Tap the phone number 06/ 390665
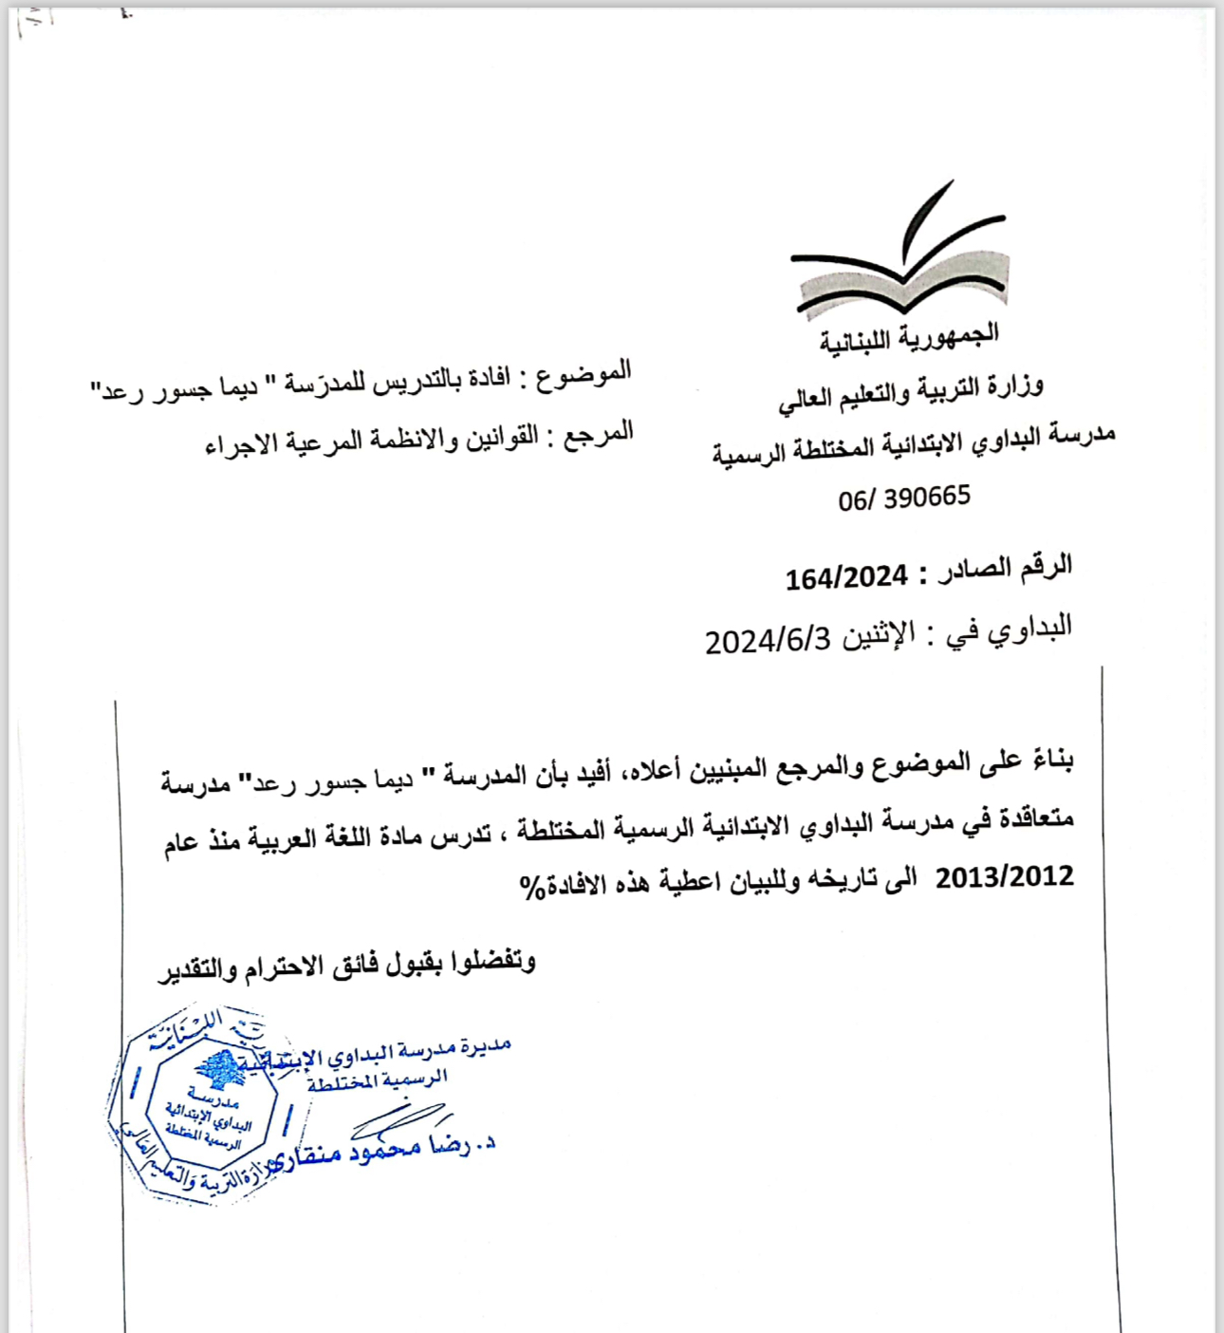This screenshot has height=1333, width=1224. [904, 498]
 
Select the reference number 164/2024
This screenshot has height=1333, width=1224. [846, 576]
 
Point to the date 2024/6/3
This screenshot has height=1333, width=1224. [768, 641]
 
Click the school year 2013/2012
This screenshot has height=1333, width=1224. [1004, 876]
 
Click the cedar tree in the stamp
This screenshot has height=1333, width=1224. [221, 1070]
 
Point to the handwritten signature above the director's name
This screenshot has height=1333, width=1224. [399, 1120]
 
